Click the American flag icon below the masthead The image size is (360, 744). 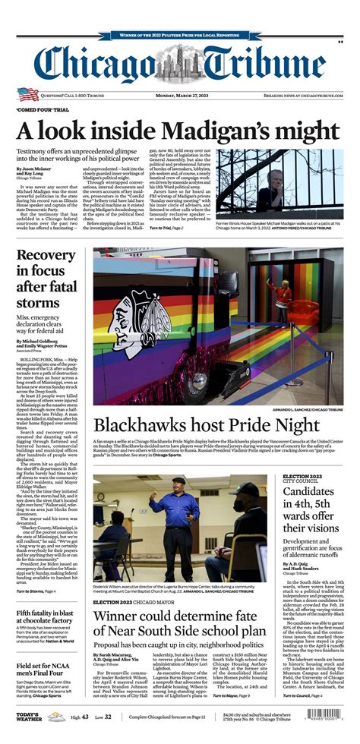28,94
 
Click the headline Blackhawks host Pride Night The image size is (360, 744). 204,426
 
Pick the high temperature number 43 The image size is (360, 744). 84,717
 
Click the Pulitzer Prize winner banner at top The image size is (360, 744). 179,34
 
